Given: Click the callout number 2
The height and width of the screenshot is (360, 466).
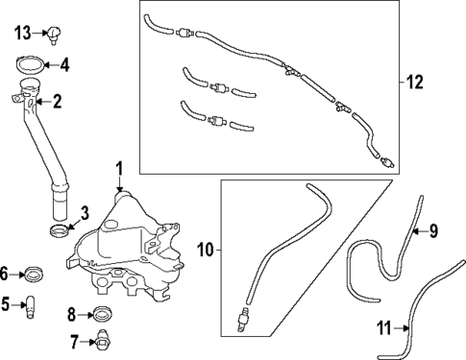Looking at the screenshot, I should (57, 100).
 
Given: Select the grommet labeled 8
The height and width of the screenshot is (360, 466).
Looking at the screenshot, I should (103, 314).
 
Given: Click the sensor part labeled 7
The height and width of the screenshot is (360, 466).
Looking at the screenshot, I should (103, 341).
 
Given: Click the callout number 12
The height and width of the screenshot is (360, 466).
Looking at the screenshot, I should (414, 84).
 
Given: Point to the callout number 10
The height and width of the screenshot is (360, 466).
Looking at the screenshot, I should (205, 251).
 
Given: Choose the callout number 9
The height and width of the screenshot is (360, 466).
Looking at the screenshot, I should (432, 230).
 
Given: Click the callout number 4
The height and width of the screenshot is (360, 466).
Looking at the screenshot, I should (64, 66).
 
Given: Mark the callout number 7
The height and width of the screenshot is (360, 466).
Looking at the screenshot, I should (73, 341).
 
